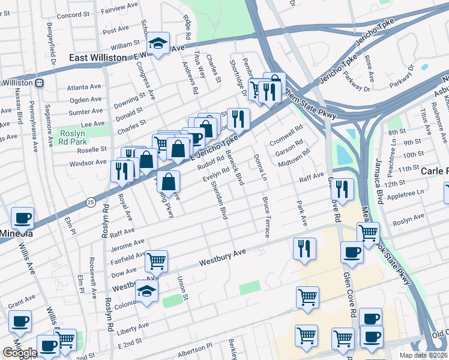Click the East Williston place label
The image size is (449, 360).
(97, 58)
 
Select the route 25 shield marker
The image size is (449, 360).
(90, 200)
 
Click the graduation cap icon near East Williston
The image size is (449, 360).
(158, 44)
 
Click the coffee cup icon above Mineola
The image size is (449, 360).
(22, 218)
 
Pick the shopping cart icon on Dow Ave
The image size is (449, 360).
(156, 261)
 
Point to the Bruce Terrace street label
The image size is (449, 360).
(265, 217)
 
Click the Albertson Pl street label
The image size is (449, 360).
(192, 349)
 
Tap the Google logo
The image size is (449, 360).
(20, 353)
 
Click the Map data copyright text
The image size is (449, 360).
(424, 355)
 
